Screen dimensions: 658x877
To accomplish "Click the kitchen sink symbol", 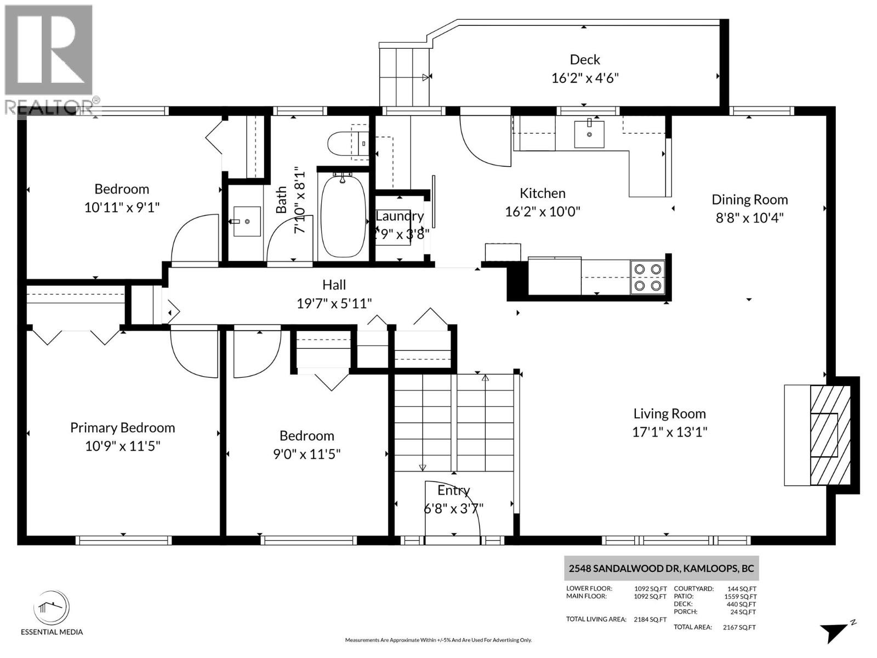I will pos(589,134).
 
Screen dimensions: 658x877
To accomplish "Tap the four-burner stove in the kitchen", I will pos(647,277).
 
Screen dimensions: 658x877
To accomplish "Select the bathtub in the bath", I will pos(343,215).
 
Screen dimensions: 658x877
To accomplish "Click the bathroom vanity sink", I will pos(247,222).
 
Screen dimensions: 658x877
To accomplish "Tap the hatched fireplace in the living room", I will pos(830,435).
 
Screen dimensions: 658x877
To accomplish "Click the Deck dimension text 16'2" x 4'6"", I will pos(585,78).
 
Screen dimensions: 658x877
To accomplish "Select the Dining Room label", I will pos(749,200).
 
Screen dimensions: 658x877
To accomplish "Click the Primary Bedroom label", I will pos(122,428).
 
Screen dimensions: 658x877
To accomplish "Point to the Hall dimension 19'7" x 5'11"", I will pos(334,303).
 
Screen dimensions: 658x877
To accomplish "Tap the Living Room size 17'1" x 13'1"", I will pos(669,432).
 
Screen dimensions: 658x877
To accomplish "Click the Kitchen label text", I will pos(542,193).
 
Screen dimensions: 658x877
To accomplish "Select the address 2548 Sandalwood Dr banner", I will pos(661,569).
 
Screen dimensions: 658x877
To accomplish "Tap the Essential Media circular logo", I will pos(52,608).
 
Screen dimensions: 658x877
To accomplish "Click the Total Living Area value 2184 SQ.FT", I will pos(650,620).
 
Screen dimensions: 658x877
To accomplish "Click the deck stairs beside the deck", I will pos(404,77).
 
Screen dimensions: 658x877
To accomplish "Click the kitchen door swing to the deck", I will pos(483,138).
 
